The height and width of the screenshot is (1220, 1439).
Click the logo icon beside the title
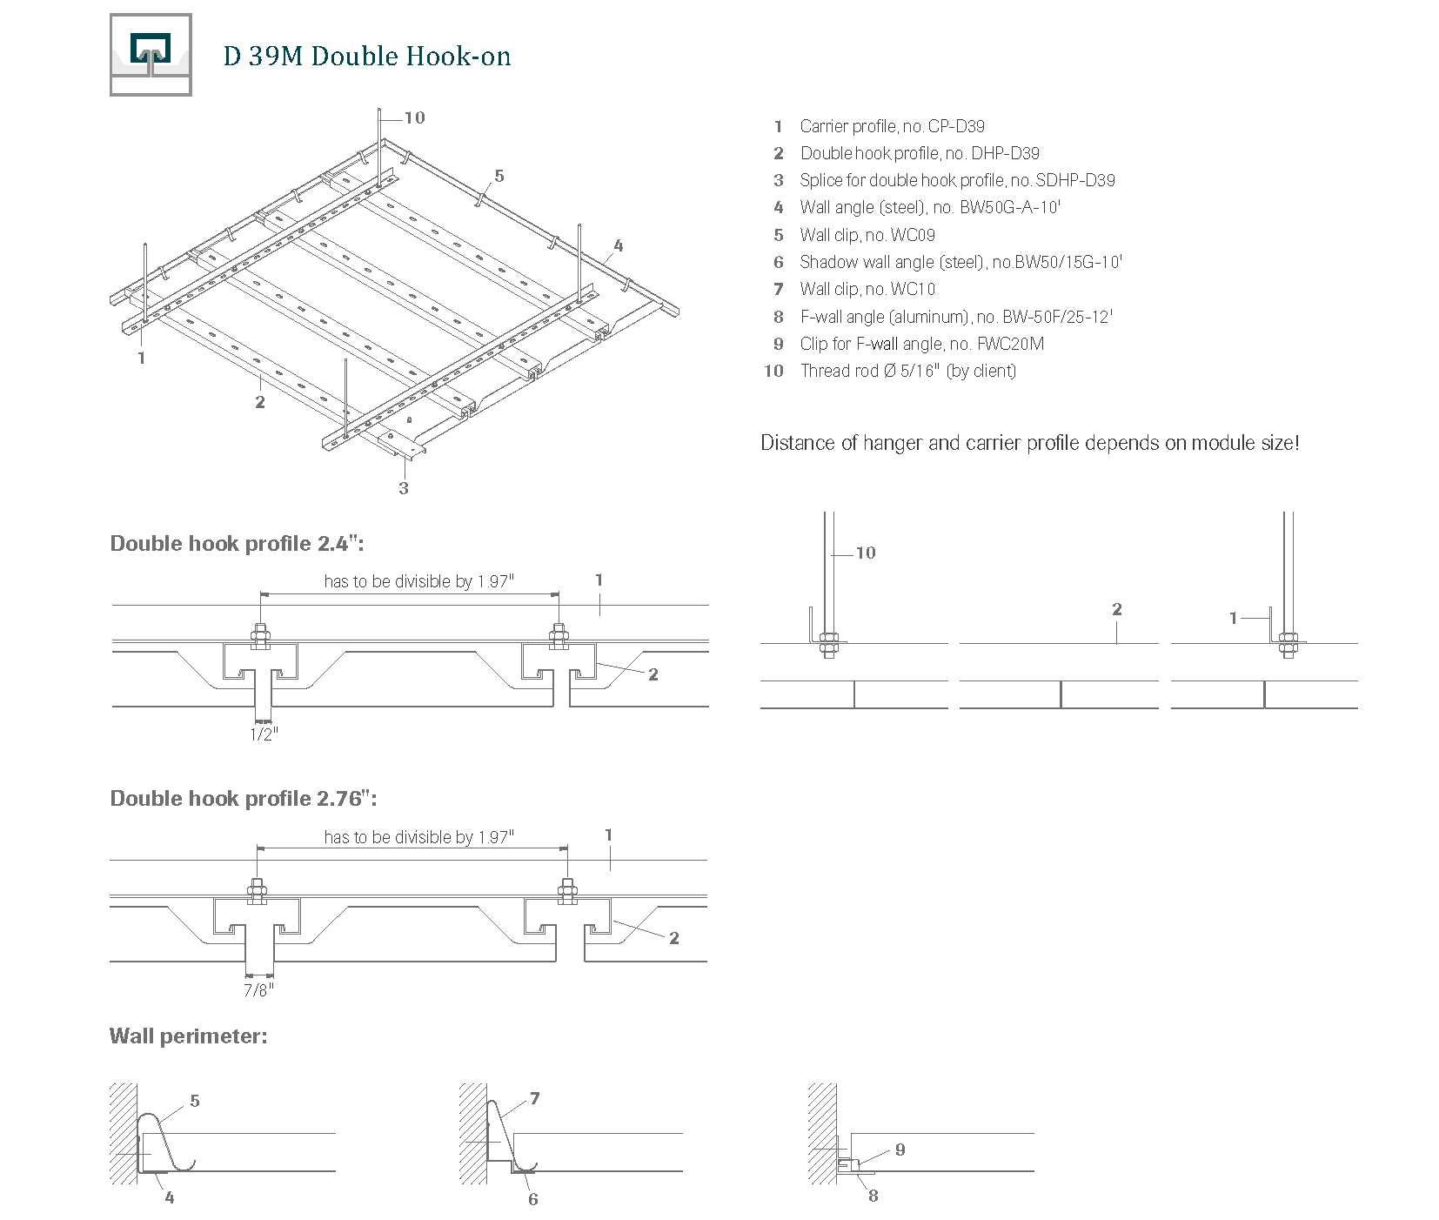151,55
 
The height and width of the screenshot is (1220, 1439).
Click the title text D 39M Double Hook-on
366,57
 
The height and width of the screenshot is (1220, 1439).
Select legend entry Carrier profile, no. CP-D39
891,126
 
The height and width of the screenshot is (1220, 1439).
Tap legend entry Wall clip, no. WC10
867,289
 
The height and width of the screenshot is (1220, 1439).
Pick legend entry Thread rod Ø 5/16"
907,371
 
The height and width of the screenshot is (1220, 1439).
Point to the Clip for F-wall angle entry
920,344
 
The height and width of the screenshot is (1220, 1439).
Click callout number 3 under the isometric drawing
404,488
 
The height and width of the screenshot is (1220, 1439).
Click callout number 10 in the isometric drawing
415,117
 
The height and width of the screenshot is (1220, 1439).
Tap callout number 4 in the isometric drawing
619,245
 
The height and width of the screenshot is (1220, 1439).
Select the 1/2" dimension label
263,734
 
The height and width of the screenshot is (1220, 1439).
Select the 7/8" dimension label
258,990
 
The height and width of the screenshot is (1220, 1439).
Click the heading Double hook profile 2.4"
237,544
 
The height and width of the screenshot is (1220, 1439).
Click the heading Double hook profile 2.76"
244,799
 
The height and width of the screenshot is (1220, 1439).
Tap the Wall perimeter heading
188,1036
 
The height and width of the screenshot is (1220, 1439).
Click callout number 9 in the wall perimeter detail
900,1150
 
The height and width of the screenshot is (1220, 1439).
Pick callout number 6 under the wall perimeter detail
533,1199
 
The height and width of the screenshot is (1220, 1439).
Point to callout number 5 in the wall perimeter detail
195,1101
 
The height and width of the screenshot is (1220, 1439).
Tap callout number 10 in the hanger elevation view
866,553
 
